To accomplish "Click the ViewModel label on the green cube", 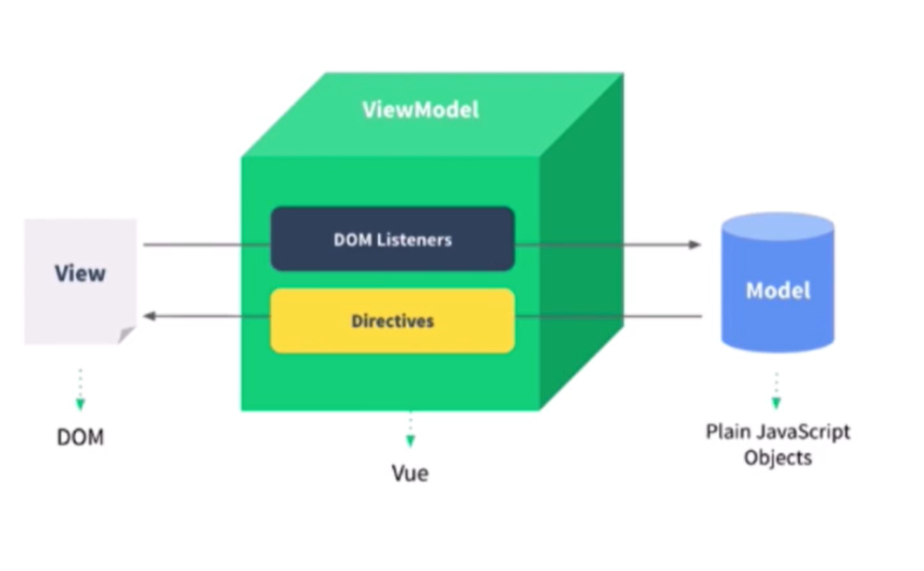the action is pyautogui.click(x=420, y=110).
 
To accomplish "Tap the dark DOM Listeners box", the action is pyautogui.click(x=392, y=239).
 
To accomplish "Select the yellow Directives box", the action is pyautogui.click(x=392, y=321).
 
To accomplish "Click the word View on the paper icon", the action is pyautogui.click(x=80, y=273).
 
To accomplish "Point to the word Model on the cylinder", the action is pyautogui.click(x=778, y=290).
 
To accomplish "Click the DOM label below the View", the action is pyautogui.click(x=80, y=437).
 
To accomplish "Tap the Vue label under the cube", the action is pyautogui.click(x=410, y=473).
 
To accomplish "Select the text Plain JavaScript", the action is pyautogui.click(x=778, y=431).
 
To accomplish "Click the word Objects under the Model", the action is pyautogui.click(x=778, y=458).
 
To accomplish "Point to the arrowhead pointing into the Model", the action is pyautogui.click(x=695, y=244).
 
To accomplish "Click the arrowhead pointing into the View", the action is pyautogui.click(x=150, y=316).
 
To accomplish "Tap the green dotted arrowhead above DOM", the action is pyautogui.click(x=80, y=404).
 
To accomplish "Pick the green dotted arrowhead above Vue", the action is pyautogui.click(x=411, y=441).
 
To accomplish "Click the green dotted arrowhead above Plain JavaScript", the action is pyautogui.click(x=776, y=403).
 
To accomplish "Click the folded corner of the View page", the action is pyautogui.click(x=126, y=335).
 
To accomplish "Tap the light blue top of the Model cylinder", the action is pyautogui.click(x=778, y=227).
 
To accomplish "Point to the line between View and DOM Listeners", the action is pyautogui.click(x=206, y=244).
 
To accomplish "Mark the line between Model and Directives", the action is pyautogui.click(x=608, y=316).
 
